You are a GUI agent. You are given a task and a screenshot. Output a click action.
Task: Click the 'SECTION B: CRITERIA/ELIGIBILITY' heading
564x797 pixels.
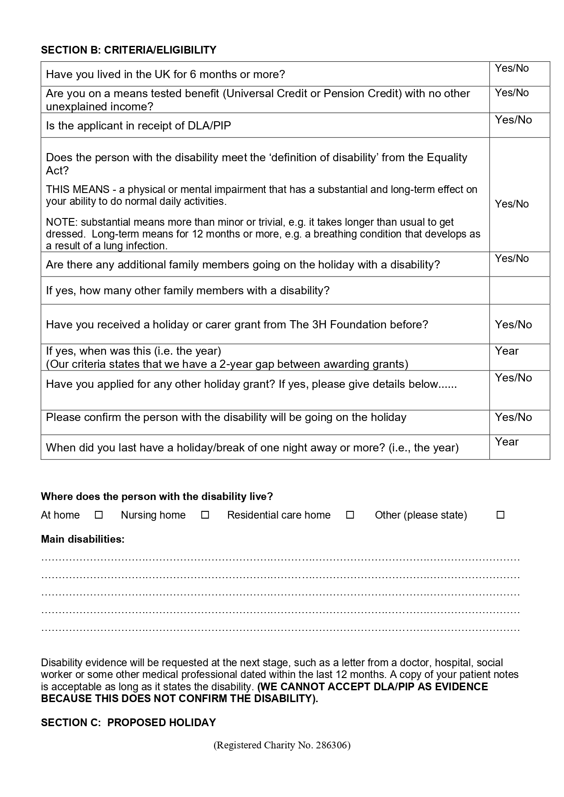coord(129,50)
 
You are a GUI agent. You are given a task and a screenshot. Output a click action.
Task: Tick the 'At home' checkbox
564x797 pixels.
coord(99,515)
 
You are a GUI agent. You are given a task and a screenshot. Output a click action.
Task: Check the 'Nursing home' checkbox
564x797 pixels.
coord(205,515)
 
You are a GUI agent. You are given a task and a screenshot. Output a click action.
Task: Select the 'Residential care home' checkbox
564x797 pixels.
coord(350,515)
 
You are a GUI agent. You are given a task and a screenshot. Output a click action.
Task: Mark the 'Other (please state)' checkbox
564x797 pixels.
coord(500,515)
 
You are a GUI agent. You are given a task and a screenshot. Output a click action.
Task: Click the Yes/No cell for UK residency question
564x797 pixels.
coord(519,74)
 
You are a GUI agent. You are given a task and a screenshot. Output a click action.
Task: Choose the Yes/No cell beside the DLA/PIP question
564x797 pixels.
coord(519,125)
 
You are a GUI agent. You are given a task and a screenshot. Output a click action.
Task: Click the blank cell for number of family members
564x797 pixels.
coord(519,291)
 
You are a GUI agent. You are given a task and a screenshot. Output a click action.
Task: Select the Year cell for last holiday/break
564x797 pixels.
coord(519,447)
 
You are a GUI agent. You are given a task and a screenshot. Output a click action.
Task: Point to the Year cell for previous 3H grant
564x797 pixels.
coord(519,357)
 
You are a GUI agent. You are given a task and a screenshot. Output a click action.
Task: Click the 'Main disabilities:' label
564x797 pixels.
coord(83,539)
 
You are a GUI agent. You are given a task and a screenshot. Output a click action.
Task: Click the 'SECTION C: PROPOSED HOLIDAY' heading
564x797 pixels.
coord(129,723)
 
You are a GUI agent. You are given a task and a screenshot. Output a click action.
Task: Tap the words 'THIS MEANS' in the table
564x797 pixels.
coord(78,189)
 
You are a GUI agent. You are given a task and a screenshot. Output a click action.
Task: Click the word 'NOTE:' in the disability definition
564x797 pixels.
coord(62,222)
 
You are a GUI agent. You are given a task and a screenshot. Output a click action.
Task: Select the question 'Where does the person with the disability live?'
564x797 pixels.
coord(157,496)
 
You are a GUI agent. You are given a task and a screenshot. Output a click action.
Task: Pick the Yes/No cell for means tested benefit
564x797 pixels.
coord(519,99)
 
